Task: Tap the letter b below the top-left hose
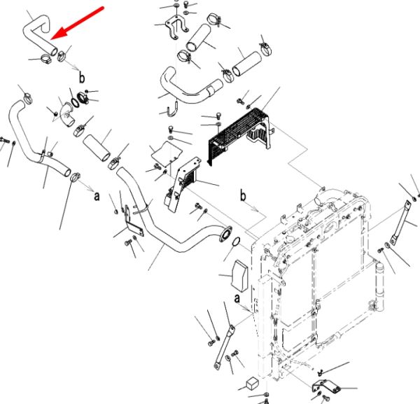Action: point(82,78)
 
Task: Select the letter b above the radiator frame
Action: point(243,196)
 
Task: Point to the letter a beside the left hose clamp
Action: point(97,196)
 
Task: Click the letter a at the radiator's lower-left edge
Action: point(237,298)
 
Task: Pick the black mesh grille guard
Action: point(239,137)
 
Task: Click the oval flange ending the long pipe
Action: point(225,235)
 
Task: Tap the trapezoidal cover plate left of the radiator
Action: point(239,275)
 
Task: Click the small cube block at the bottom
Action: point(253,384)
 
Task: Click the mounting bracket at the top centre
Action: point(176,27)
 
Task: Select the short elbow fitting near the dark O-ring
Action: point(67,116)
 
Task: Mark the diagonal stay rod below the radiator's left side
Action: point(224,347)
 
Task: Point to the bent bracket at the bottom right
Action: point(326,387)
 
